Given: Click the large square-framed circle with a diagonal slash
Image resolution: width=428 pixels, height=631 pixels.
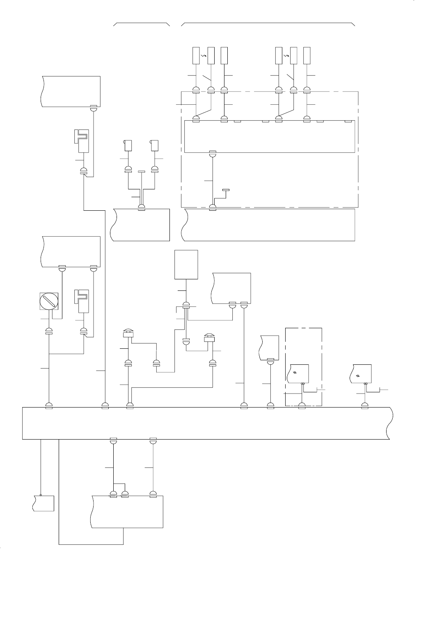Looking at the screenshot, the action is tap(49, 301).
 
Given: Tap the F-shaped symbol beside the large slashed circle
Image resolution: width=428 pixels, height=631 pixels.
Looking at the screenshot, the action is tap(84, 301).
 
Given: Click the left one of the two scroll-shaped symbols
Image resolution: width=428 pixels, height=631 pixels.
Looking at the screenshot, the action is tap(128, 145).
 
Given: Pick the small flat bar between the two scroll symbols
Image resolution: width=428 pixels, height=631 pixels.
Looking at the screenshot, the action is tap(142, 172).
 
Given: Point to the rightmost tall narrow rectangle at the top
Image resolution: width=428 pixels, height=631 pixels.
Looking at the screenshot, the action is tap(307, 56).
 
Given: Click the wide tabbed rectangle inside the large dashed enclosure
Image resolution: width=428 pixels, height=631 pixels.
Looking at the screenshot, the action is tap(269, 136).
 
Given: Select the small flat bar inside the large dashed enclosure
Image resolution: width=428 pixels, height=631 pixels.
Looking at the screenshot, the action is tap(226, 190).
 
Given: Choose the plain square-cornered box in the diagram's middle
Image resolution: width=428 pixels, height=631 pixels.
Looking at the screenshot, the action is tap(186, 265).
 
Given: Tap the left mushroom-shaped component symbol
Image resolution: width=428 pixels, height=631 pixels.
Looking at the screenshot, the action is tap(128, 334).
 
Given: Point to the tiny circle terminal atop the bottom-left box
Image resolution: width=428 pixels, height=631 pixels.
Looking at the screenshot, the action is tap(41, 495).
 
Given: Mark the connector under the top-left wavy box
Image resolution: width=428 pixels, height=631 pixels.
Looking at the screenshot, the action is tap(94, 108).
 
